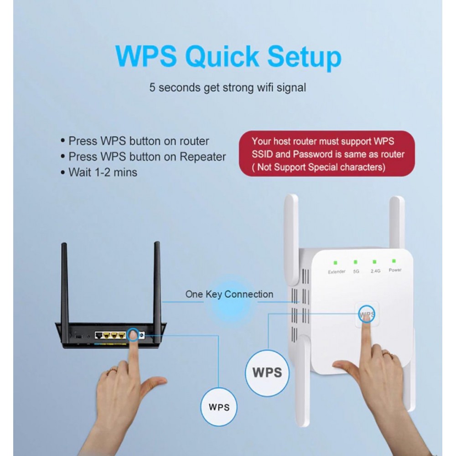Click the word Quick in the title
click(222, 57)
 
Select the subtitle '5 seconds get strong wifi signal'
click(228, 88)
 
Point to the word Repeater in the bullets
click(203, 157)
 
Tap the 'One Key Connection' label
click(229, 294)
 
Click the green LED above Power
click(394, 261)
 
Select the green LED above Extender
click(335, 263)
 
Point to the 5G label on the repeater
click(356, 271)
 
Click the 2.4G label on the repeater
click(375, 271)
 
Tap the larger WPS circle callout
click(267, 373)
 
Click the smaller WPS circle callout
click(219, 407)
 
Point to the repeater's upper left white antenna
click(291, 239)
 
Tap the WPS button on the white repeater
click(367, 314)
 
